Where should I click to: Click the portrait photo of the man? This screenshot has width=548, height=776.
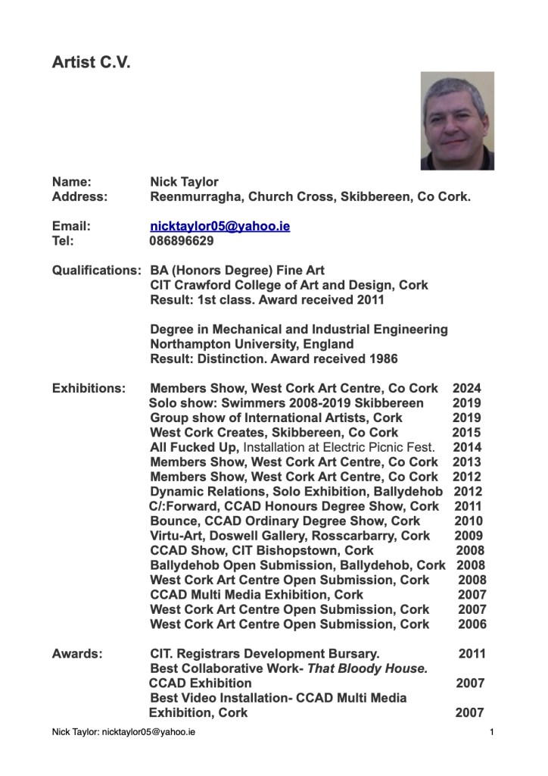pyautogui.click(x=457, y=120)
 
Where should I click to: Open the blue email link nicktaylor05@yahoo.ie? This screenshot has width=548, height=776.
pyautogui.click(x=220, y=227)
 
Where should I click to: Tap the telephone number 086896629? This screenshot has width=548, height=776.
pyautogui.click(x=182, y=241)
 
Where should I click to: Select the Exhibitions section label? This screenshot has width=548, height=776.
pyautogui.click(x=89, y=389)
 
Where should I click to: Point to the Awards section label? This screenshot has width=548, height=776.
pyautogui.click(x=77, y=653)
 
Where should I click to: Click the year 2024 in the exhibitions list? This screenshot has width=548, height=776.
pyautogui.click(x=467, y=389)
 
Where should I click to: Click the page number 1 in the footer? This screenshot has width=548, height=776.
pyautogui.click(x=492, y=734)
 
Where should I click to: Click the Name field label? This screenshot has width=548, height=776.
pyautogui.click(x=71, y=182)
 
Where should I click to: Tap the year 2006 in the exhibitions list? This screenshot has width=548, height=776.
pyautogui.click(x=472, y=624)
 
